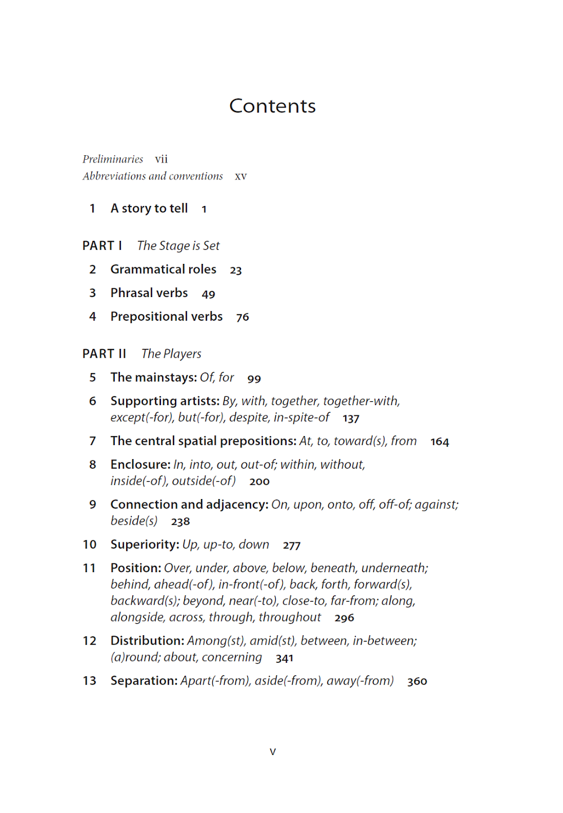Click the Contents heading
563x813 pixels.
(x=272, y=106)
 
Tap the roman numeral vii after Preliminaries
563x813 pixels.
(x=162, y=159)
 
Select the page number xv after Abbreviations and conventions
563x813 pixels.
(x=241, y=176)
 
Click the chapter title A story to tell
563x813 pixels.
(x=149, y=209)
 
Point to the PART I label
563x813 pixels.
(x=102, y=246)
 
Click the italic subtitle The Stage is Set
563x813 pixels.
(x=178, y=246)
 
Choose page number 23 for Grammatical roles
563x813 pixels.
(x=236, y=270)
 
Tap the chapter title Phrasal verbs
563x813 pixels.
(x=149, y=293)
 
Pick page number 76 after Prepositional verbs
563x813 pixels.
(x=243, y=317)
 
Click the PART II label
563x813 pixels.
(x=104, y=354)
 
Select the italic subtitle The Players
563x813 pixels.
(x=171, y=354)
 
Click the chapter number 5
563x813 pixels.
(x=93, y=378)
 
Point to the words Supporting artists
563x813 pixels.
(x=164, y=401)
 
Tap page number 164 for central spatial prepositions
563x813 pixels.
(x=440, y=442)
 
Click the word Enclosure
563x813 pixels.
(x=140, y=465)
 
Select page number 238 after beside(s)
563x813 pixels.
(x=181, y=522)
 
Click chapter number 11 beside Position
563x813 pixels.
(x=90, y=568)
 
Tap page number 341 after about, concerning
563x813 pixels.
(x=284, y=658)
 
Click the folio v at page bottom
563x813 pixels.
(x=273, y=752)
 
